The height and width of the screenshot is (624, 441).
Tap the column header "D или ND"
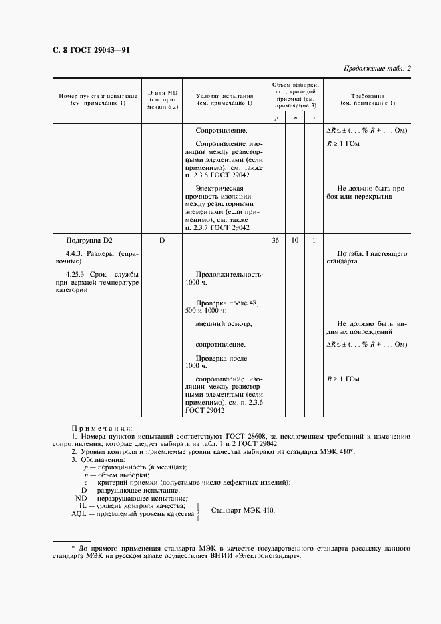click(x=163, y=93)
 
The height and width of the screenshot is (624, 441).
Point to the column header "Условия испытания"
click(x=224, y=97)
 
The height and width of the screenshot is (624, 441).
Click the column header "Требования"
click(x=367, y=96)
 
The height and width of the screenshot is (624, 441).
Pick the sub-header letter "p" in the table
click(x=276, y=118)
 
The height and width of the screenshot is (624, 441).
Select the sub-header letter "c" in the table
click(x=314, y=118)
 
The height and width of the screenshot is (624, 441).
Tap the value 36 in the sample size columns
click(x=276, y=239)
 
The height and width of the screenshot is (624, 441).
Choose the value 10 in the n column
click(x=295, y=239)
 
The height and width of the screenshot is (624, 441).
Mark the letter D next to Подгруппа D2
click(x=162, y=239)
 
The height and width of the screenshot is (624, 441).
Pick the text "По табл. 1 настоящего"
click(x=372, y=254)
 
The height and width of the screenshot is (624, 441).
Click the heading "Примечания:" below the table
click(x=102, y=427)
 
